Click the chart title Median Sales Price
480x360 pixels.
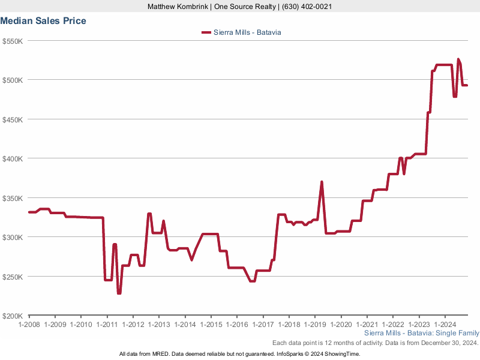pos(43,21)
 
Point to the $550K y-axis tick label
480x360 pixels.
pos(13,41)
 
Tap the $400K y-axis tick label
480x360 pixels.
pos(13,158)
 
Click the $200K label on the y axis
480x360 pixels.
pos(13,316)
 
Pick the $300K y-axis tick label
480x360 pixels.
pos(13,237)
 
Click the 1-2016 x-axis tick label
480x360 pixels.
pos(237,325)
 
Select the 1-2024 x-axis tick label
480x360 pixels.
pos(445,325)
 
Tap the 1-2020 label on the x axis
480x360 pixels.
pos(341,325)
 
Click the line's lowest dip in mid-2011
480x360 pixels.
pos(119,293)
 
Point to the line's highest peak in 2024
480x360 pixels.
pos(458,59)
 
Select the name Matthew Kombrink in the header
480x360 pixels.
pos(178,7)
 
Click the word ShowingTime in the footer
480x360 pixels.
pos(342,354)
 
